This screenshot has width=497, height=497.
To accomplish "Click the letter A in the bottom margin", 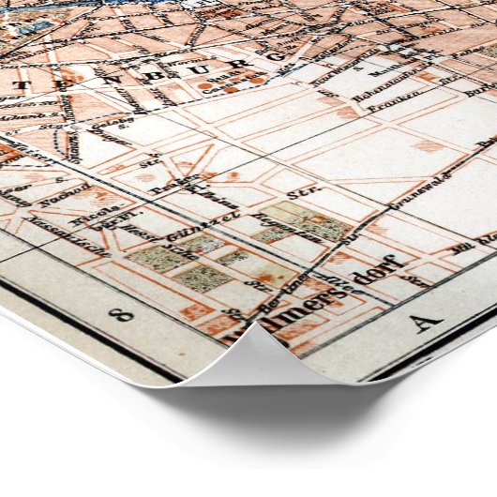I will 427,323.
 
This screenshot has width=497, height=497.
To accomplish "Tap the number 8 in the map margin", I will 117,313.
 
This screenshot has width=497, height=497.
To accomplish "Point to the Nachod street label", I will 48,199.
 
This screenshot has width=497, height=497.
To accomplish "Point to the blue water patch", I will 33,27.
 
